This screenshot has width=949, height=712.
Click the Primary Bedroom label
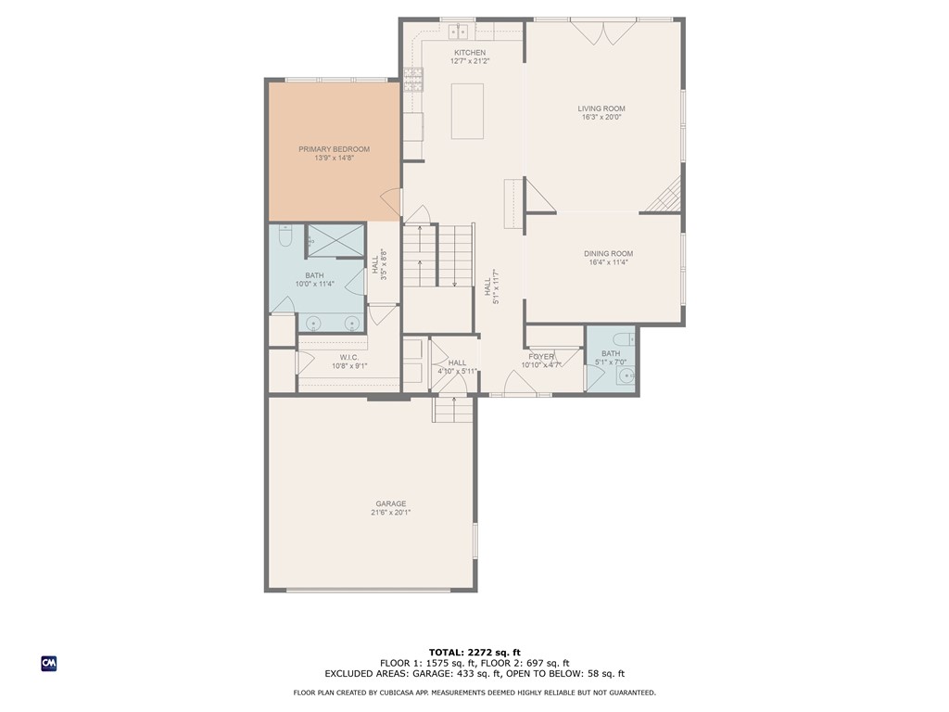pos(334,149)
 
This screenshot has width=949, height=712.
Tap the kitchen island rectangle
pos(467,111)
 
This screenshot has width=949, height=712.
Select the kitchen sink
pos(459,31)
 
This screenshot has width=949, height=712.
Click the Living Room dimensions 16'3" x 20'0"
pos(601,118)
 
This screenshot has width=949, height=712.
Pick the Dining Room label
pos(608,254)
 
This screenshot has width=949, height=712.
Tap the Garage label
pos(391,503)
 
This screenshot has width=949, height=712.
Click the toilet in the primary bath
pos(286,234)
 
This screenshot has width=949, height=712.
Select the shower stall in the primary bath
pos(335,240)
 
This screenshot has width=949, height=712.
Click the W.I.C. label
pos(349,358)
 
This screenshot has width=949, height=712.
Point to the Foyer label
pos(541,357)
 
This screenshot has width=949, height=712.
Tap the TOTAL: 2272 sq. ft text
pos(474,653)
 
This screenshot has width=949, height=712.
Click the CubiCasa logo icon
pos(49,664)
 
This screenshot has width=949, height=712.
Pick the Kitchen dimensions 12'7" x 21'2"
pos(470,61)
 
